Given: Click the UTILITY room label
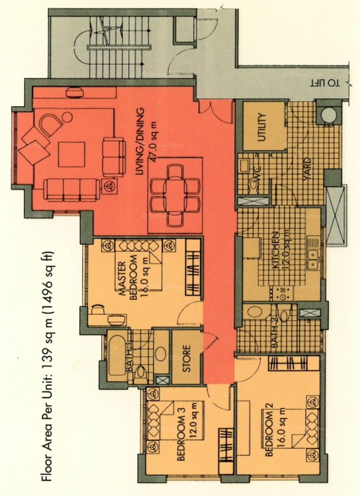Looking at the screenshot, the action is (262, 127).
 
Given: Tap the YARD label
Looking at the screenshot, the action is (308, 169).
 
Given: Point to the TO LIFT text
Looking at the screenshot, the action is (325, 83).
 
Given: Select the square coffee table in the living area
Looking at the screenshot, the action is (72, 154).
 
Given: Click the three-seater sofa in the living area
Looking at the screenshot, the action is (72, 190).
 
